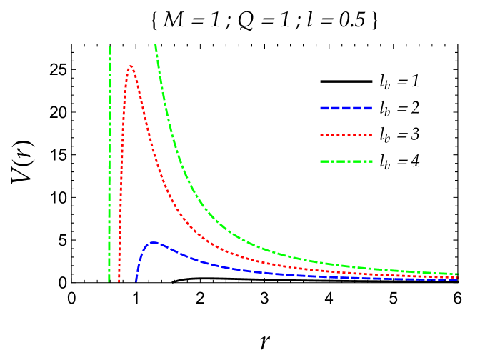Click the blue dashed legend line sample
pyautogui.click(x=346, y=108)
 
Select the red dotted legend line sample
pyautogui.click(x=346, y=134)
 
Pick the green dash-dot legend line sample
pyautogui.click(x=346, y=161)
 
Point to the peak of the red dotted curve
pyautogui.click(x=130, y=66)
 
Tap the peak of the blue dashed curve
pyautogui.click(x=153, y=243)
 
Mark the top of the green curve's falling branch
pyautogui.click(x=155, y=46)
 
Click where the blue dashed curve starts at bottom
pyautogui.click(x=136, y=280)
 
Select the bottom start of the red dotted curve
pyautogui.click(x=119, y=280)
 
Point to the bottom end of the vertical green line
pyautogui.click(x=109, y=280)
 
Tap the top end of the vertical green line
pyautogui.click(x=109, y=48)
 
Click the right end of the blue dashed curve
pyautogui.click(x=456, y=279)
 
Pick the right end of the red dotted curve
pyautogui.click(x=456, y=276)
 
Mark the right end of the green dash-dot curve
pyautogui.click(x=456, y=274)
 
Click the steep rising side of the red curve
pyautogui.click(x=122, y=143)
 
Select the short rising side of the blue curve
pyautogui.click(x=140, y=257)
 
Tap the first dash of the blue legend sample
pyautogui.click(x=324, y=108)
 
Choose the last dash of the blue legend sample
pyautogui.click(x=367, y=108)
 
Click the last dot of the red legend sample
pyautogui.click(x=370, y=134)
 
